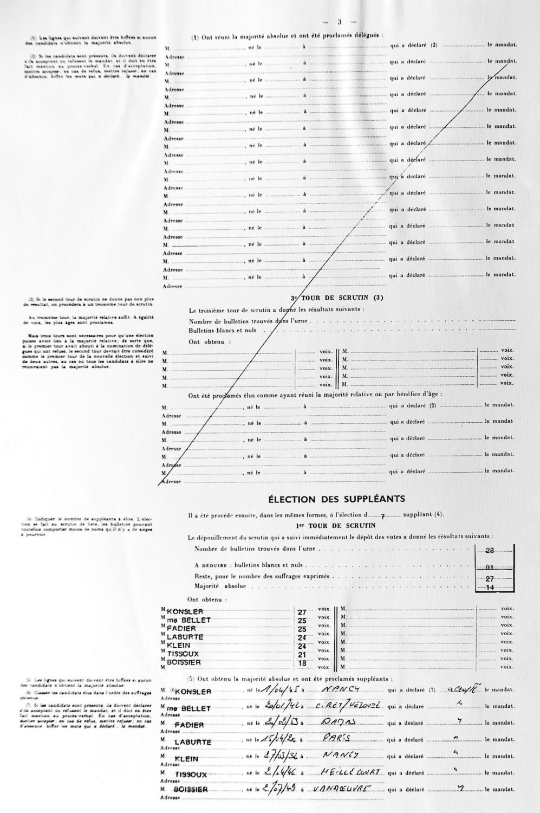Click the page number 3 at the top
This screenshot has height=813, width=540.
coord(339,22)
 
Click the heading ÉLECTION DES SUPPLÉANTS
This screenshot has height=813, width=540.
coord(336,499)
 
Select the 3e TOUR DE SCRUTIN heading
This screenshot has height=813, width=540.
coord(337,298)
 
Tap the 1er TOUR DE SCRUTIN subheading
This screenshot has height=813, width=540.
coord(336,525)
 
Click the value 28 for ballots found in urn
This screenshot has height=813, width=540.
coord(490,550)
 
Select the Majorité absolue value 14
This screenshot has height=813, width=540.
coord(490,587)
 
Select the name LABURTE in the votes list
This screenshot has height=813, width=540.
coord(185,637)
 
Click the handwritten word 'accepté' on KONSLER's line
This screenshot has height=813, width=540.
coord(458,689)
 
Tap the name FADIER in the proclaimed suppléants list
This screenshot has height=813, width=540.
coord(190,725)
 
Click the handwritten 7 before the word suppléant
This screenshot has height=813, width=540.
coord(382,516)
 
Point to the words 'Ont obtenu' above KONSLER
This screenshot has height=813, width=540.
coord(207,600)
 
